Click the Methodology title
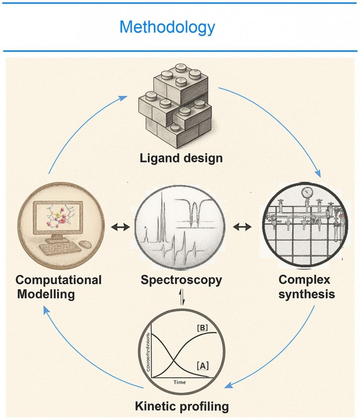167,27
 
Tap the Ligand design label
181,157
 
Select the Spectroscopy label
181,280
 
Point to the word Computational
59,280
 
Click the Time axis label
179,382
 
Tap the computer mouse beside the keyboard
85,244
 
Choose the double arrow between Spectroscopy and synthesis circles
242,226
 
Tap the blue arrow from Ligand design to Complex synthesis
283,123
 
